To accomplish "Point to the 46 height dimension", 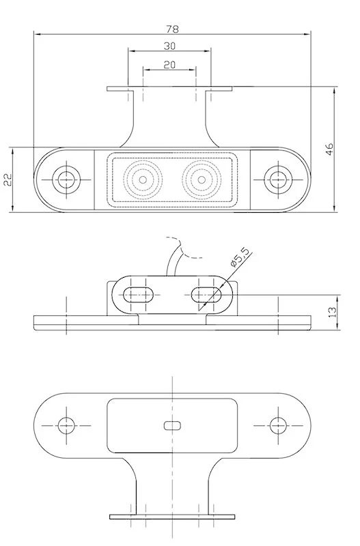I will tap(329, 149).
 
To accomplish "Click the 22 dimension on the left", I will tap(9, 179).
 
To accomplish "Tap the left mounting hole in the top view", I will tap(66, 179).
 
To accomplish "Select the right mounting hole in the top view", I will tap(277, 179).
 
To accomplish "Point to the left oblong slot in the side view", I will tap(141, 294).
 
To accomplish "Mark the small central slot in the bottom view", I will tap(172, 425).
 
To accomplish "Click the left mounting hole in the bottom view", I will tap(66, 425).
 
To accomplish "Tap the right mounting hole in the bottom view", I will tap(277, 425).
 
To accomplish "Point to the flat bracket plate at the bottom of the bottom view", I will tap(172, 517).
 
